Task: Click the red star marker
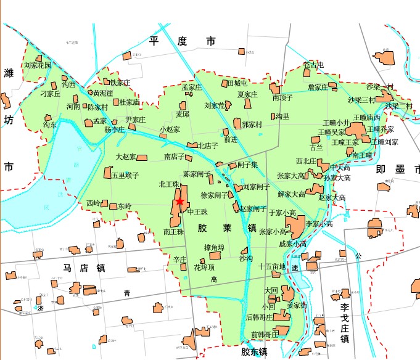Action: [179, 201]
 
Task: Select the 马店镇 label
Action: [84, 268]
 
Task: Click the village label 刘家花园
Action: [38, 65]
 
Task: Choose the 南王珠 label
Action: [174, 232]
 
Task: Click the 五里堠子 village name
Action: [126, 175]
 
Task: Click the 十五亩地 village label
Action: [272, 267]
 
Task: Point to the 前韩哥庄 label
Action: [265, 335]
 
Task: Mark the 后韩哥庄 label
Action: [259, 317]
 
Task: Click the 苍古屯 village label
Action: [313, 65]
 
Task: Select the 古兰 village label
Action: [316, 147]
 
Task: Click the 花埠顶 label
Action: [205, 268]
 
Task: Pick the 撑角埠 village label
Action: [214, 248]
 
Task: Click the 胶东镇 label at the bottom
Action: [255, 353]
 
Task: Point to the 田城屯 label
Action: [237, 83]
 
